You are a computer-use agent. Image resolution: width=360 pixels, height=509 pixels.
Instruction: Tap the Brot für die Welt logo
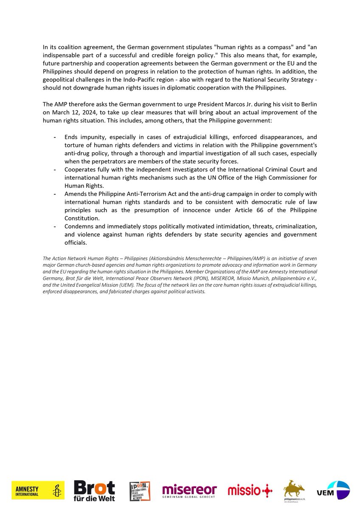(94, 490)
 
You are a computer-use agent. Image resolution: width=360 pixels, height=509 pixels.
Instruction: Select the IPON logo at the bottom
(140, 490)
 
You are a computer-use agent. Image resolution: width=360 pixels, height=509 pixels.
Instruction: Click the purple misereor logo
(189, 490)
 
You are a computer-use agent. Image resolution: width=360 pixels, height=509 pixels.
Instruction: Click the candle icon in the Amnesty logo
(57, 490)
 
